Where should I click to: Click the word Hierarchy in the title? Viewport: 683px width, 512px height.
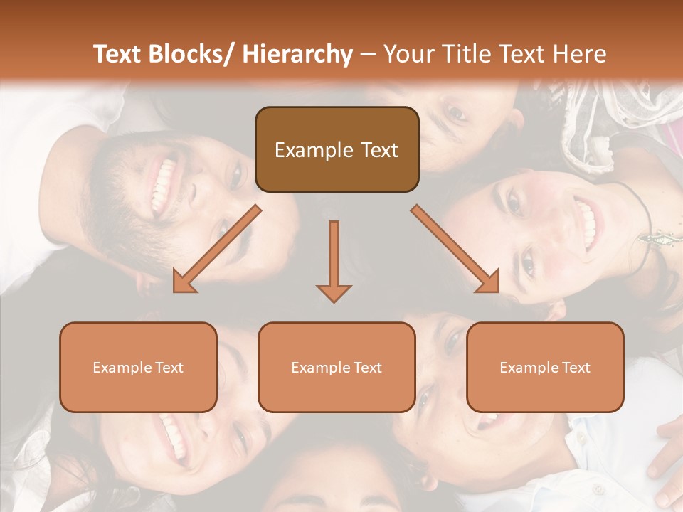click(x=297, y=54)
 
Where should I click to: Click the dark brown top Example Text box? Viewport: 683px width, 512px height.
click(x=337, y=150)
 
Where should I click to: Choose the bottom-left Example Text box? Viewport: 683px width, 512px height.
click(x=138, y=367)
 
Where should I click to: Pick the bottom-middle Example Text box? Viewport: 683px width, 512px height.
click(x=337, y=367)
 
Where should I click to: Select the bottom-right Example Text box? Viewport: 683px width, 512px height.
click(x=545, y=367)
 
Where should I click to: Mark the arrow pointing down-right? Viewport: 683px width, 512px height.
click(x=455, y=249)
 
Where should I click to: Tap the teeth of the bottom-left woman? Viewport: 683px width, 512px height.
click(x=173, y=435)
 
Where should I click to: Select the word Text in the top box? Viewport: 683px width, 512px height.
click(x=378, y=150)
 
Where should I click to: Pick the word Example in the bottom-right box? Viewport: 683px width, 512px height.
click(x=524, y=367)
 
